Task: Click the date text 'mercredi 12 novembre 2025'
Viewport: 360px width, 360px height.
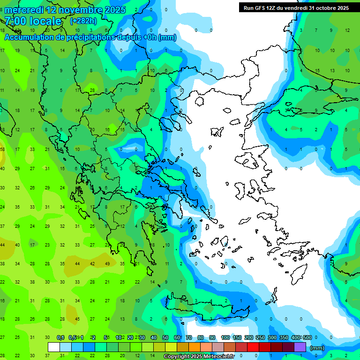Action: (x=65, y=10)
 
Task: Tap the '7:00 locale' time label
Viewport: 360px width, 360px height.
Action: (x=33, y=21)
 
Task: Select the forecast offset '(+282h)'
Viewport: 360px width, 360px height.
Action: (x=83, y=21)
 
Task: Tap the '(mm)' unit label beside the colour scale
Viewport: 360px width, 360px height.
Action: (x=317, y=348)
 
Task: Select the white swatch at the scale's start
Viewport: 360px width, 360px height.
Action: (x=54, y=347)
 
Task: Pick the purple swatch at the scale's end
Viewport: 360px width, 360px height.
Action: (x=300, y=347)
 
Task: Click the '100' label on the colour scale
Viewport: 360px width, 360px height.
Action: (x=225, y=337)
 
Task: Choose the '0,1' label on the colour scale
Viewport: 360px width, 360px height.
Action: (x=60, y=337)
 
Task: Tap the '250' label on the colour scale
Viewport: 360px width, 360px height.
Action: (x=260, y=337)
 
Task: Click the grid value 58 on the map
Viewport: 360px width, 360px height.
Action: (x=2, y=150)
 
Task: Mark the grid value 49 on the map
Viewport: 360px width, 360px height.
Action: (x=107, y=263)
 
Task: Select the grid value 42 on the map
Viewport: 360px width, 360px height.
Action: (x=92, y=263)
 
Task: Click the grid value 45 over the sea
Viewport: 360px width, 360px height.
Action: (x=77, y=319)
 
